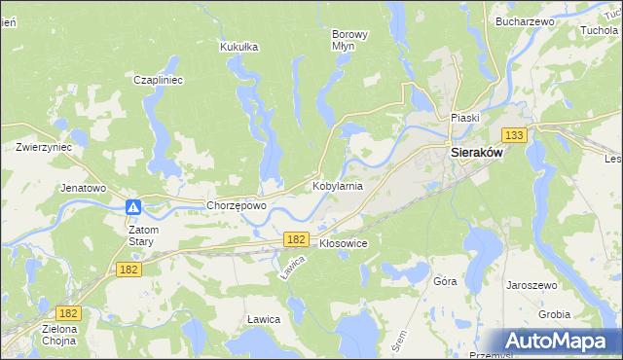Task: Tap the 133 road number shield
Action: click(515, 135)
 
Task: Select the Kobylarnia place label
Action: click(338, 185)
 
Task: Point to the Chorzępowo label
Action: click(237, 206)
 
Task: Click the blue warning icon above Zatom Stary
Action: click(134, 206)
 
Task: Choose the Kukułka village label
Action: click(238, 46)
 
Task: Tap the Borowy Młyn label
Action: click(350, 40)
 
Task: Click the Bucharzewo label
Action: click(524, 20)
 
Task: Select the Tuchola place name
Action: click(599, 30)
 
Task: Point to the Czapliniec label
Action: click(159, 80)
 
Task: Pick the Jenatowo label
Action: click(83, 187)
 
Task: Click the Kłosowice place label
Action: click(343, 243)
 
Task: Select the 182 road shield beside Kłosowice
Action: click(297, 238)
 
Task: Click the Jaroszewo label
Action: click(531, 285)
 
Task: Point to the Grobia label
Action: click(555, 314)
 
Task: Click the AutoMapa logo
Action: click(560, 342)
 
